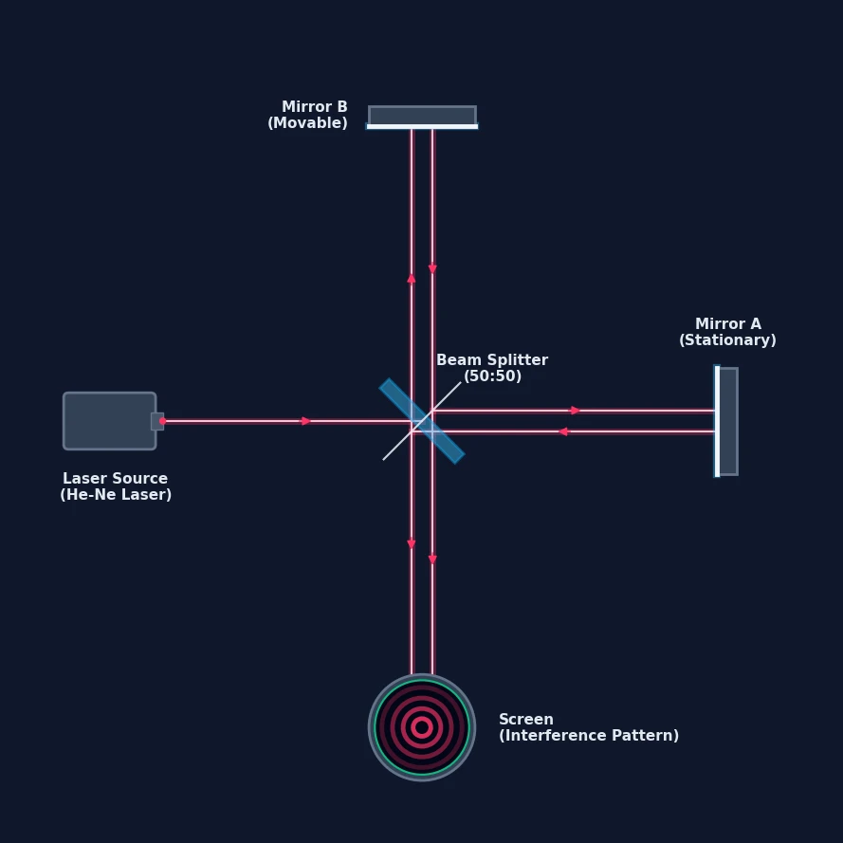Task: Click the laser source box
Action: click(x=110, y=421)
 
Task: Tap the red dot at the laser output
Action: click(x=162, y=421)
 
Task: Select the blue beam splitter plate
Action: click(x=422, y=421)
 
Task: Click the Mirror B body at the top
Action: click(x=423, y=115)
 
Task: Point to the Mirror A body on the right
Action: click(x=728, y=421)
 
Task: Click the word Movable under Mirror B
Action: click(x=307, y=123)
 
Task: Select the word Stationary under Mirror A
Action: click(x=727, y=340)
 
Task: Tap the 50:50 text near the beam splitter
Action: click(x=492, y=376)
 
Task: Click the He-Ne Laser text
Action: click(x=116, y=495)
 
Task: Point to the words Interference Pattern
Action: click(x=589, y=736)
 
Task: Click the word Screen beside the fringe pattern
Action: click(x=525, y=720)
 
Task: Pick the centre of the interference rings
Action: click(x=422, y=727)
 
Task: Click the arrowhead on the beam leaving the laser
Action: click(x=306, y=421)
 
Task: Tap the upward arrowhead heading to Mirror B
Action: click(x=412, y=278)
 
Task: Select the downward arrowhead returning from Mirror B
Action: click(x=432, y=268)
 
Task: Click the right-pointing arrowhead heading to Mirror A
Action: click(x=576, y=411)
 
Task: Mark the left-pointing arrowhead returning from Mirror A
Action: click(x=563, y=431)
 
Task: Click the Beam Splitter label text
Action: click(x=492, y=360)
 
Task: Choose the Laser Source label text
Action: click(x=115, y=479)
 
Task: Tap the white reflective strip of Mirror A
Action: click(x=717, y=421)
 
